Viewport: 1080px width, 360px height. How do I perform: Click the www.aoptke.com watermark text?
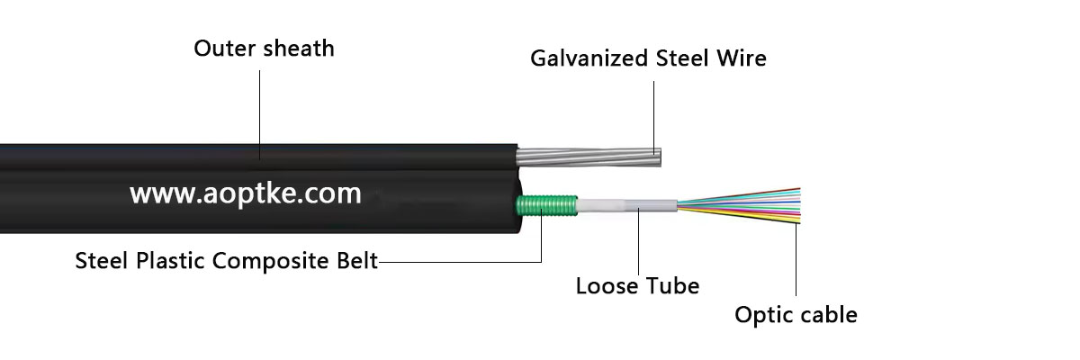pos(245,193)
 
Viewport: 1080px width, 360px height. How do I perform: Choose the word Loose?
pos(606,286)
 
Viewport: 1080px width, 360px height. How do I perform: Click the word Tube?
pos(673,286)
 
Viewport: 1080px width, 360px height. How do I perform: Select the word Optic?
pos(760,315)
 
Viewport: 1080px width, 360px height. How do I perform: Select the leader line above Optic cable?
pos(796,261)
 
